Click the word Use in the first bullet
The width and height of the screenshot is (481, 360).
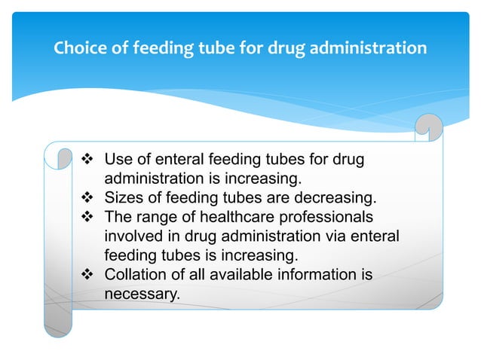tap(118, 160)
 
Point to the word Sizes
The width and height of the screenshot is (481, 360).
tap(122, 199)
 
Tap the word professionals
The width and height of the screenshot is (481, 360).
tap(329, 218)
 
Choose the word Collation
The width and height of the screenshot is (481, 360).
tap(136, 275)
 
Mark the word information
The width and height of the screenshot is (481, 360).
tap(317, 275)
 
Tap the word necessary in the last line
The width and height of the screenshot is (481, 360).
tap(142, 294)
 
